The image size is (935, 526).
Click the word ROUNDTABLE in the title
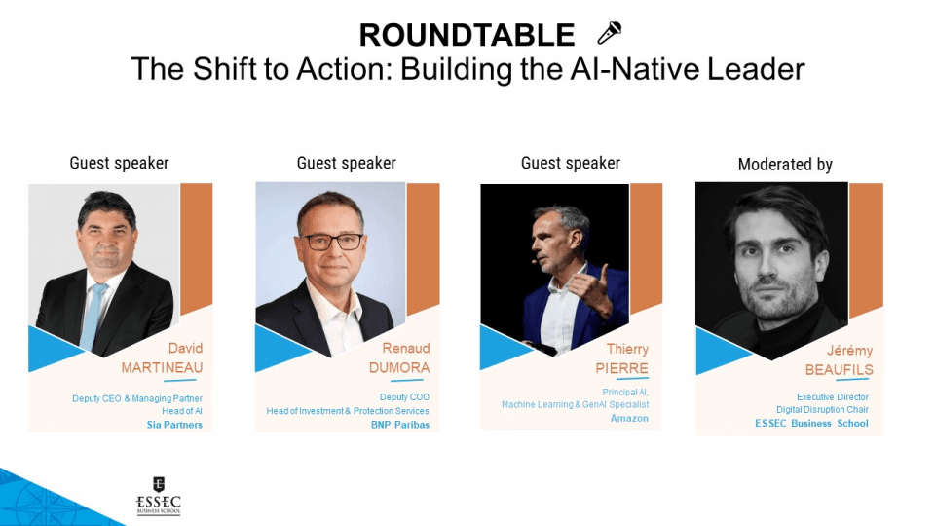(467, 35)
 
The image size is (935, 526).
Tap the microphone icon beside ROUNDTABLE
(610, 33)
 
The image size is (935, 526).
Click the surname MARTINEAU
(162, 367)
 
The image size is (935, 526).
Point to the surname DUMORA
(399, 367)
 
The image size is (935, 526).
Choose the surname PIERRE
(621, 368)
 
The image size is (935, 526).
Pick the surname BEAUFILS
(839, 370)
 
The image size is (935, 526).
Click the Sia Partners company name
(174, 425)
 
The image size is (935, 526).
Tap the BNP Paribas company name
(400, 425)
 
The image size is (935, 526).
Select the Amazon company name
(629, 418)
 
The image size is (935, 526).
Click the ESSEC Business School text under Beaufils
(811, 423)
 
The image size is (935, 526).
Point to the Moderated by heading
(785, 165)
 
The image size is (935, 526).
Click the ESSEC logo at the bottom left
(158, 496)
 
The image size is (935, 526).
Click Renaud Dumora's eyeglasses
(330, 242)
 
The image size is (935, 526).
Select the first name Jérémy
(849, 351)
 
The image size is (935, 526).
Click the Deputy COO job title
(404, 397)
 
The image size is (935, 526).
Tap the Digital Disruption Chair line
(822, 410)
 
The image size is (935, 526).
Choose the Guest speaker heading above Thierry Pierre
(571, 163)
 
